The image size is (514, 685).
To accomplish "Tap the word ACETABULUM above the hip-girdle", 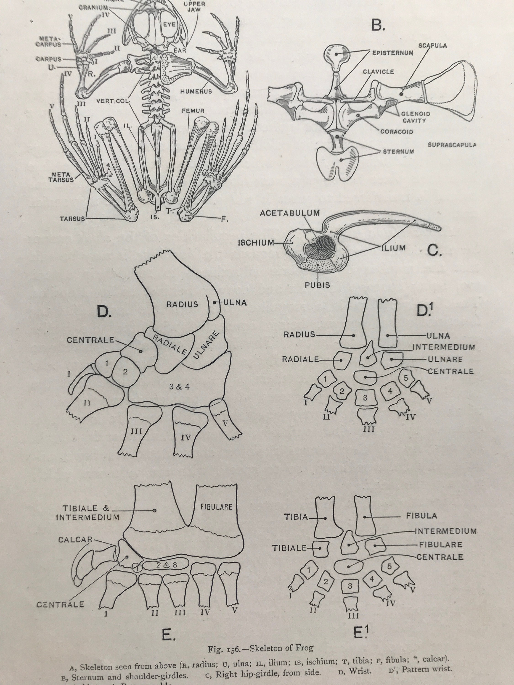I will click(x=290, y=213).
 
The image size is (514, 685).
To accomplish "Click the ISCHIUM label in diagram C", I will click(x=256, y=243).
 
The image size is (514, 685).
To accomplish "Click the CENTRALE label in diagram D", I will click(x=90, y=340).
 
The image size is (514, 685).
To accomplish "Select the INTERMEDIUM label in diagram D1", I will click(x=443, y=347).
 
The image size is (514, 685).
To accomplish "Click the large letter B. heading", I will click(x=378, y=26).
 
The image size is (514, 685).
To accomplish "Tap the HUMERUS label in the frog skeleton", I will click(x=196, y=91).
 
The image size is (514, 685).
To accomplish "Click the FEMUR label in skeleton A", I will click(x=193, y=111).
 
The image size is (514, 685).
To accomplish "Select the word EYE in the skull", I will click(x=169, y=24).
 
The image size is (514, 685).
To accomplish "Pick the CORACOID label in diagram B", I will click(x=397, y=132).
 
